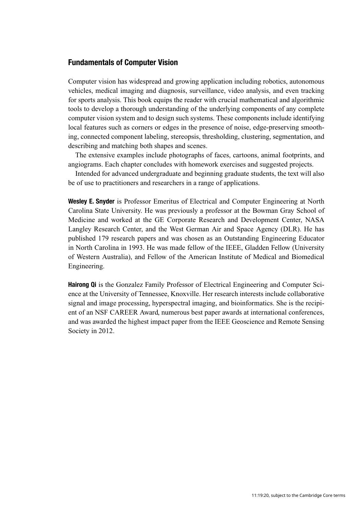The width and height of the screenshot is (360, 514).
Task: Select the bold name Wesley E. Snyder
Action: pos(91,201)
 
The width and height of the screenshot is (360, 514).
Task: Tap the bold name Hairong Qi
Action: pos(82,284)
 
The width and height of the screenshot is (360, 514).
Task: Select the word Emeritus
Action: pos(170,201)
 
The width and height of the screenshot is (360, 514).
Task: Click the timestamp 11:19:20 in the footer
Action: pos(260,495)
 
